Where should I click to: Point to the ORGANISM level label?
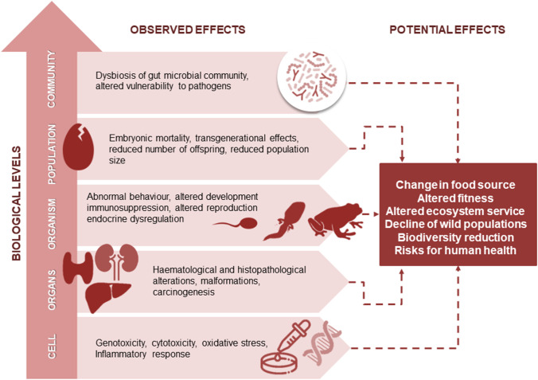click(53, 216)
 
